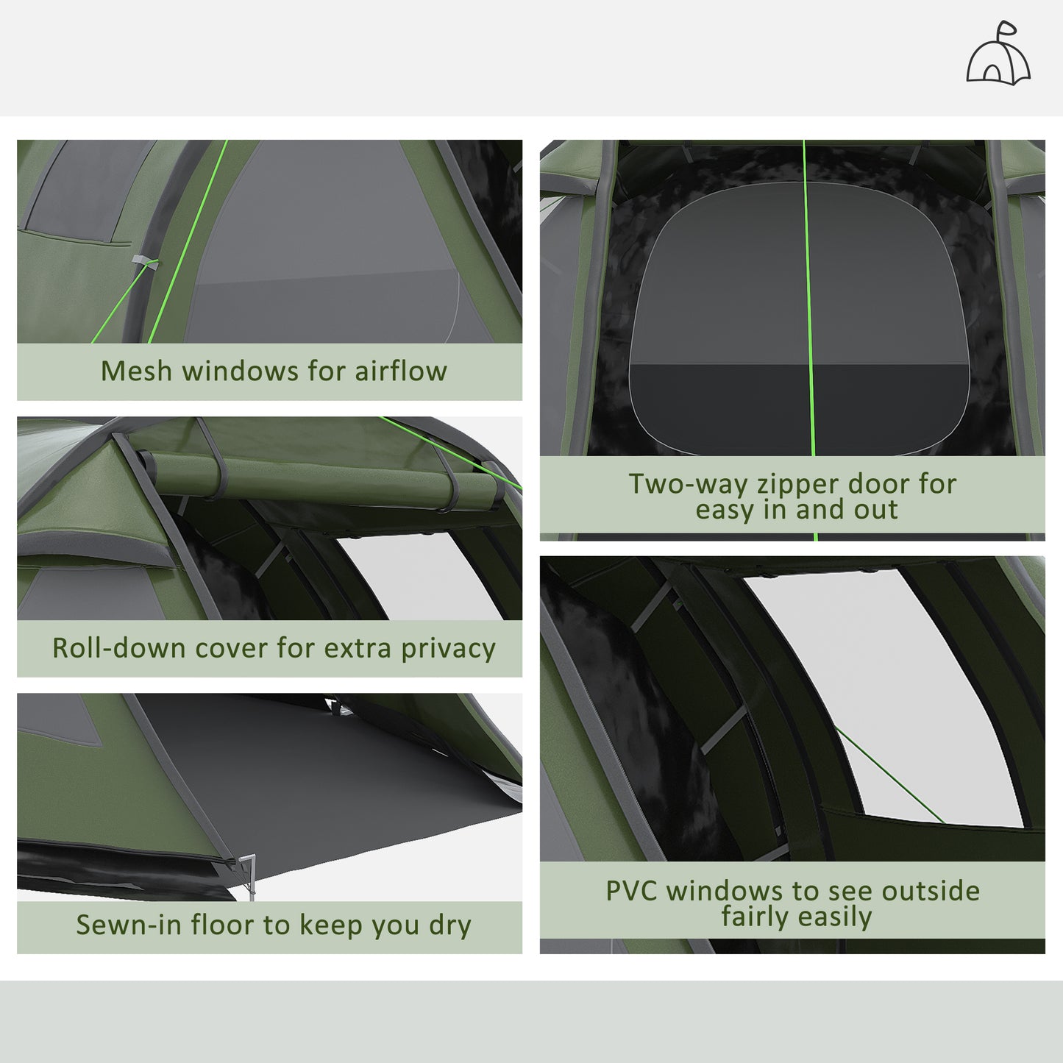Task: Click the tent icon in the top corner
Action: coord(998,54)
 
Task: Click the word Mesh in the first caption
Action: coord(137,371)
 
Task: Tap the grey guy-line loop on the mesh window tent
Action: coord(144,263)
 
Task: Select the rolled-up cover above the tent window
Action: coord(324,474)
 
